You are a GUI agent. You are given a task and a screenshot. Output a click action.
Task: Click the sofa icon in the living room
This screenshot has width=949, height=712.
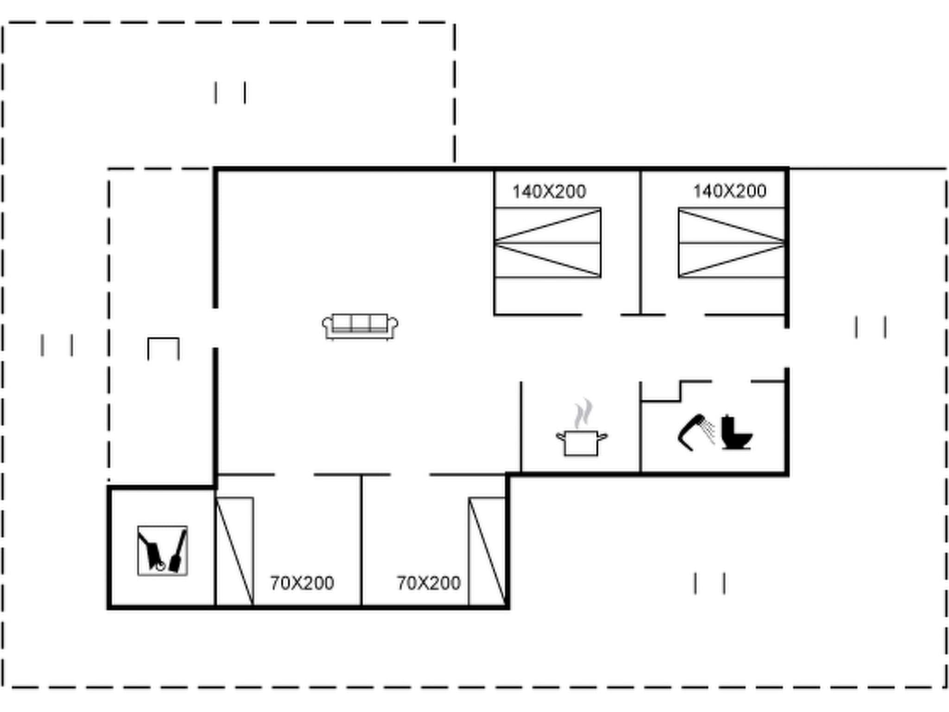coord(360,326)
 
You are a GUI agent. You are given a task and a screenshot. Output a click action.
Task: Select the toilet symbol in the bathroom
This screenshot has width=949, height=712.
coord(736,433)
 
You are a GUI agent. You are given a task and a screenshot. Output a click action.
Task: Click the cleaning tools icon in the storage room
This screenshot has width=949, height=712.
coord(162,551)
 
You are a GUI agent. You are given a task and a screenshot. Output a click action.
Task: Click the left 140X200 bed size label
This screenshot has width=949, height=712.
coord(549,191)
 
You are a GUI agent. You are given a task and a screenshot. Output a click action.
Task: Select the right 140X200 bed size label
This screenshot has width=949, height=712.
coord(729,191)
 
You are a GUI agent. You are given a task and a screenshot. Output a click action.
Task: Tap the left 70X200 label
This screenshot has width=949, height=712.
coord(302,583)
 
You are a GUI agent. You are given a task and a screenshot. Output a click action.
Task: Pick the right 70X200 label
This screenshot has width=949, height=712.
coord(429,583)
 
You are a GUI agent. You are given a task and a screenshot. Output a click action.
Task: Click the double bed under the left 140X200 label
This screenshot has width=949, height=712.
coord(548,243)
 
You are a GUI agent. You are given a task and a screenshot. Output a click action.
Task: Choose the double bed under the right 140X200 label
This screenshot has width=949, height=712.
coord(731,243)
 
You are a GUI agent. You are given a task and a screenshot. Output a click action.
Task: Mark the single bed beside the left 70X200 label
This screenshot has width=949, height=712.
coord(235,552)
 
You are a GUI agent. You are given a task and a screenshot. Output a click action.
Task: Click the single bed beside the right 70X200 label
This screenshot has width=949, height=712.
coord(487,552)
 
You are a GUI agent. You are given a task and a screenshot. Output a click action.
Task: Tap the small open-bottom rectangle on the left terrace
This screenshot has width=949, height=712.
coord(163,349)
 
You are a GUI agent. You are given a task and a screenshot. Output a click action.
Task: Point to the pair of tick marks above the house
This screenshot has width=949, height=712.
coord(230,93)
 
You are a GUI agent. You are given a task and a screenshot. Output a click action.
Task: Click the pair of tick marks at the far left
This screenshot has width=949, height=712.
coord(57,345)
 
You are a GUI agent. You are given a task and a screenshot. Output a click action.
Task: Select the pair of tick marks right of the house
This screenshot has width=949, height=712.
coord(871,327)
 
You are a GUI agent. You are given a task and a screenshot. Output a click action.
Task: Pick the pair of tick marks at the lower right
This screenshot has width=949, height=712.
coord(709,583)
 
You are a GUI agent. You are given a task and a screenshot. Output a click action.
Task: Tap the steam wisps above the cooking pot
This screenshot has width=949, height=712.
coord(583,413)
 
